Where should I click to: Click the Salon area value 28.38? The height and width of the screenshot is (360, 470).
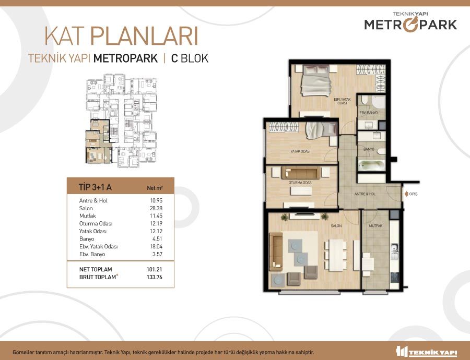coord(156,208)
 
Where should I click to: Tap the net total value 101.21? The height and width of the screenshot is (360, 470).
coord(155,269)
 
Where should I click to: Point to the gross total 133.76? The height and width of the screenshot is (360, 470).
coord(155,277)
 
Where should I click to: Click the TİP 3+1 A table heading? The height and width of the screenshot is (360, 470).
coord(95,187)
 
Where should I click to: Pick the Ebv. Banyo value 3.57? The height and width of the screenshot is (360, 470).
coord(157,254)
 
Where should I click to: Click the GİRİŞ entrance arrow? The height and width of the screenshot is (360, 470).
coord(406,194)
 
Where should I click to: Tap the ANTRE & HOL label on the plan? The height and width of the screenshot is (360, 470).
coord(365,194)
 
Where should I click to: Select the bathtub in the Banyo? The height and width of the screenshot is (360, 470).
coord(372,165)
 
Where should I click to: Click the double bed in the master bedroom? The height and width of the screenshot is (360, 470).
coord(316,80)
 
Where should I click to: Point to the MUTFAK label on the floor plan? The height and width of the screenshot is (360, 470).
coord(375,226)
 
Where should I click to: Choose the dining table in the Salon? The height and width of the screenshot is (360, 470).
coord(336,255)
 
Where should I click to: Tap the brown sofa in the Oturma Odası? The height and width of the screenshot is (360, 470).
coord(301,173)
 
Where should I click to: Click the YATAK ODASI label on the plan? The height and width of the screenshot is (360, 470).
coord(301,151)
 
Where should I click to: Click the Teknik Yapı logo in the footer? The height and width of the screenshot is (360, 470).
coord(427,351)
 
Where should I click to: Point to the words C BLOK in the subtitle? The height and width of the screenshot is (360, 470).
coord(190,58)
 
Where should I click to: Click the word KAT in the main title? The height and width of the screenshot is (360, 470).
coord(64,36)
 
